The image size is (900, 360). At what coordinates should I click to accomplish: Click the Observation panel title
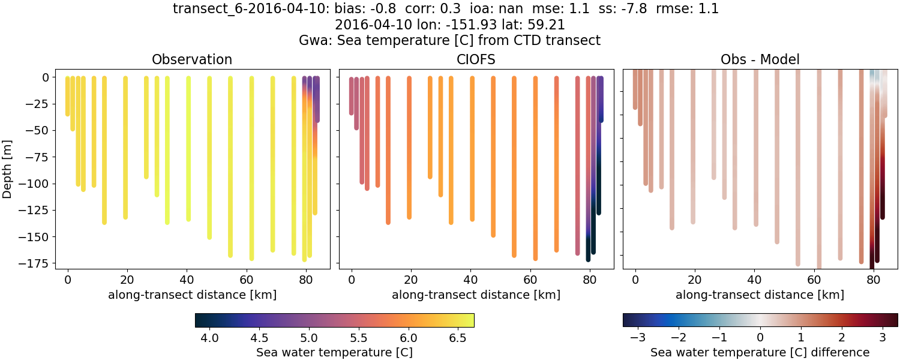[x=192, y=59]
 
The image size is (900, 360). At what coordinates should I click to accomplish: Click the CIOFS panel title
[x=476, y=59]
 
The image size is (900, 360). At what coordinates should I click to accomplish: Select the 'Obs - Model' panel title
[x=760, y=59]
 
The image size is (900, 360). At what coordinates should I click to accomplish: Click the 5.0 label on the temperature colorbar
[x=309, y=338]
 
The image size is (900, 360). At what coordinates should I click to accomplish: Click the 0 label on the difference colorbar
[x=760, y=338]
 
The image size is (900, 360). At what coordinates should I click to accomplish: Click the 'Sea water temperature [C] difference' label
[x=760, y=352]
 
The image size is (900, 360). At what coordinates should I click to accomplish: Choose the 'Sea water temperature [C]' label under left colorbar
[x=334, y=352]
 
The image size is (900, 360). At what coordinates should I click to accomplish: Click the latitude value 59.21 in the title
[x=547, y=25]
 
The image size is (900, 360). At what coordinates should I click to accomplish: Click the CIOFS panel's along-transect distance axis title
[x=476, y=295]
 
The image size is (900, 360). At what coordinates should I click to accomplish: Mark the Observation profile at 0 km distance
[x=67, y=96]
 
